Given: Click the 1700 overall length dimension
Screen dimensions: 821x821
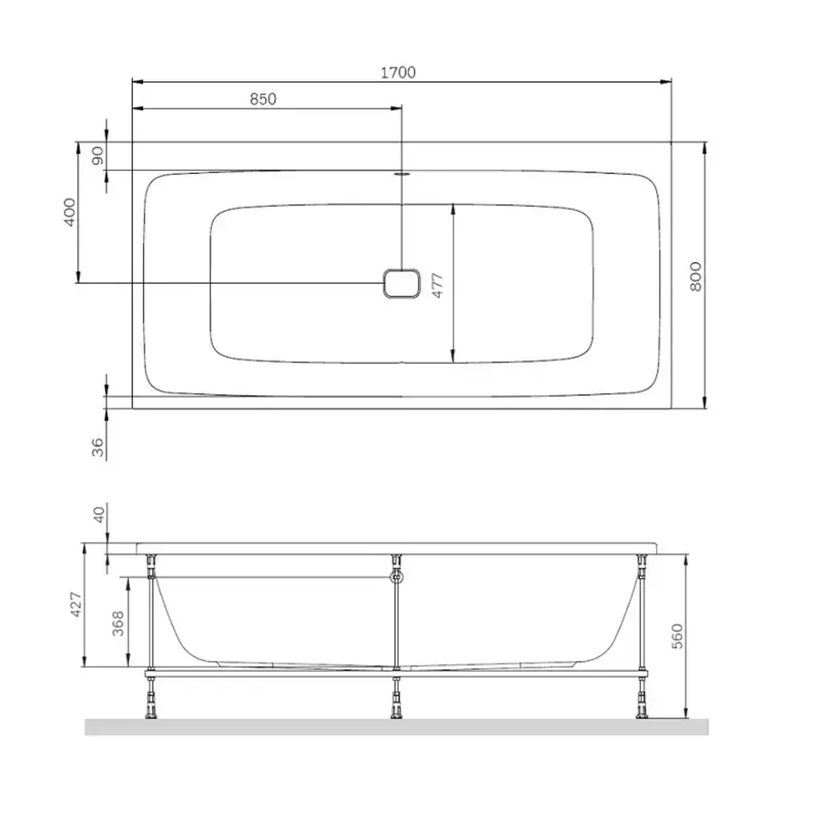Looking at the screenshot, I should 397,72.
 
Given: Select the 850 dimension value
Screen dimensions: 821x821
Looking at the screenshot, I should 262,99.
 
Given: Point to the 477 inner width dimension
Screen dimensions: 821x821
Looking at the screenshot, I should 438,283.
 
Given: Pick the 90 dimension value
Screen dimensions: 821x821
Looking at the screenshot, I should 98,156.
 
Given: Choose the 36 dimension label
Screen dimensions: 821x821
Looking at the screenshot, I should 98,447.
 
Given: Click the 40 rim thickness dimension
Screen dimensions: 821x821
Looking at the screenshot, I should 99,515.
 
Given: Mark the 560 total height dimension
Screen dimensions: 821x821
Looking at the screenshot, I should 677,636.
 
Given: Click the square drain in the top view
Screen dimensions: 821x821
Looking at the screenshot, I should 401,283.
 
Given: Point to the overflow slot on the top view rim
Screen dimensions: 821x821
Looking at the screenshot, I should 401,173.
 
